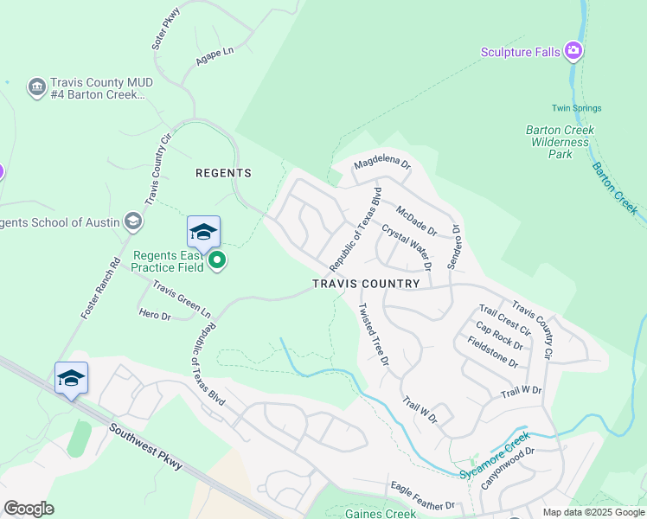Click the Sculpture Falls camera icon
tap(573, 52)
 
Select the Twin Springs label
tap(576, 108)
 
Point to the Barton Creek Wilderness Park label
tap(561, 142)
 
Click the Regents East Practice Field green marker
tap(217, 259)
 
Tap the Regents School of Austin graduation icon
tap(132, 222)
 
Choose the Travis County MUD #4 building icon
tap(36, 87)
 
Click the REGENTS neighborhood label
tap(223, 173)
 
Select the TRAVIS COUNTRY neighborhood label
tap(366, 284)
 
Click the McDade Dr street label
tap(416, 221)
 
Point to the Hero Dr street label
tap(156, 316)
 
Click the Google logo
tap(29, 509)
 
